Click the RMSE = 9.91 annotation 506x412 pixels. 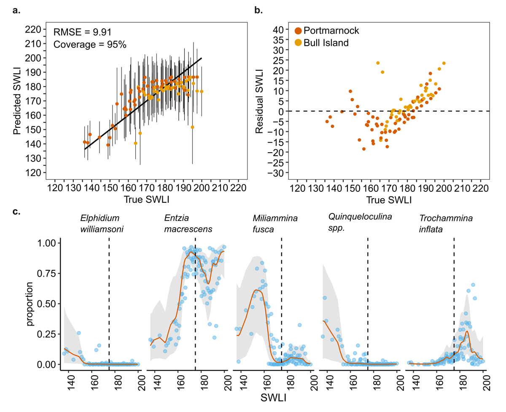pyautogui.click(x=83, y=32)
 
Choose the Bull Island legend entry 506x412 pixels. pyautogui.click(x=321, y=43)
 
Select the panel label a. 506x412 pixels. pyautogui.click(x=16, y=11)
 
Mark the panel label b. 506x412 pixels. pyautogui.click(x=259, y=11)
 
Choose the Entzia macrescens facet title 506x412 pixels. pyautogui.click(x=188, y=224)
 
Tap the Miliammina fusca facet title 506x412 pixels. pyautogui.click(x=275, y=224)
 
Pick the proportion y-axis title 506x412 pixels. pyautogui.click(x=30, y=303)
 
